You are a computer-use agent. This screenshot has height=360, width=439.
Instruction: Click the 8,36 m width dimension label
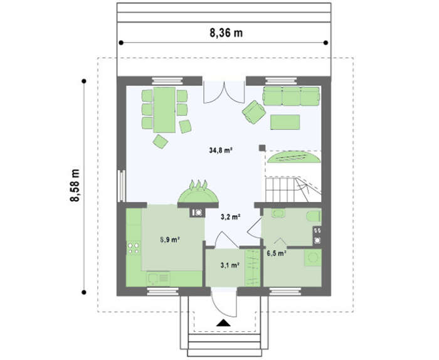click(226, 33)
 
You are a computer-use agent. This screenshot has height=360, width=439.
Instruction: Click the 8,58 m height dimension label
click(75, 185)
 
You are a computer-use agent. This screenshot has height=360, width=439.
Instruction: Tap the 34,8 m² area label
click(221, 151)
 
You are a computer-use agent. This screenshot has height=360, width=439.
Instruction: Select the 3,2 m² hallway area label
click(231, 216)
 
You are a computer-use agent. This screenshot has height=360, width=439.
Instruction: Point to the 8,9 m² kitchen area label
click(170, 240)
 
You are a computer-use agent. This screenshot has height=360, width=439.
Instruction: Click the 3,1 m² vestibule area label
click(230, 265)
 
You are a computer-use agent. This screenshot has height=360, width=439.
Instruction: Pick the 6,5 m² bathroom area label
click(276, 253)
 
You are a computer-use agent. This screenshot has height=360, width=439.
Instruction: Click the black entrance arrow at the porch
click(223, 323)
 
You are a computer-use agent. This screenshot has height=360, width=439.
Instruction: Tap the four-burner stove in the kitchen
click(134, 248)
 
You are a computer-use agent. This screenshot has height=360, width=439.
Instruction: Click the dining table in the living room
click(164, 110)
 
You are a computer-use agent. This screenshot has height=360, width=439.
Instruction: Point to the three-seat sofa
click(291, 97)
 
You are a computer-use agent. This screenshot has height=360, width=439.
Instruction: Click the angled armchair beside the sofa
click(254, 112)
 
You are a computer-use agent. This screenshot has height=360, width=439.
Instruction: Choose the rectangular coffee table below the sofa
click(285, 122)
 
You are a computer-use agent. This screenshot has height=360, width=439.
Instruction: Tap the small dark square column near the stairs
click(262, 148)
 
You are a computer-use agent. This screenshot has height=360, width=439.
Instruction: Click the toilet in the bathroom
click(314, 216)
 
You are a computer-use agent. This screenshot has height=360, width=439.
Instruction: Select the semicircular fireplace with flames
click(198, 193)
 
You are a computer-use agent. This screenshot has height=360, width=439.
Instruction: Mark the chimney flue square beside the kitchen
click(198, 213)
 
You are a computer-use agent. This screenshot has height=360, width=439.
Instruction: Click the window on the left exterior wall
click(122, 186)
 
